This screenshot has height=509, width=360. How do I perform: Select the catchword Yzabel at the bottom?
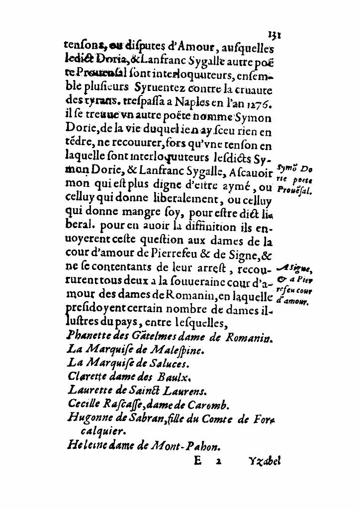pyautogui.click(x=264, y=461)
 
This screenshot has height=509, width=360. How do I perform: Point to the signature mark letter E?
pyautogui.click(x=197, y=461)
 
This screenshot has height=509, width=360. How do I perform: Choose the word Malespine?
pyautogui.click(x=172, y=350)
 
